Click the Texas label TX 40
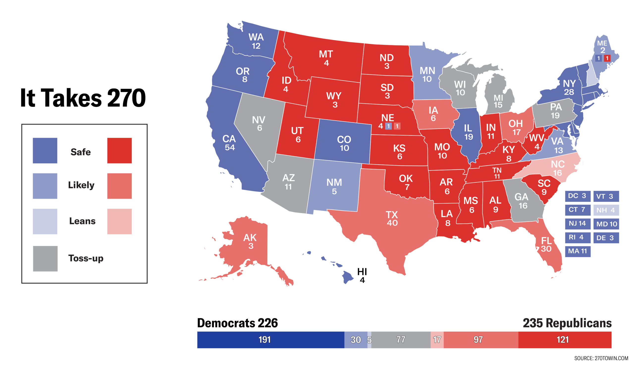tap(392, 218)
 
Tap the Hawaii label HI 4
tap(362, 275)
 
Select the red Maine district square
tap(607, 58)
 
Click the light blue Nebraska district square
tap(388, 126)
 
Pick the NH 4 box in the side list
tap(606, 210)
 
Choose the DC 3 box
tap(578, 196)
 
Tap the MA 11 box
tap(578, 251)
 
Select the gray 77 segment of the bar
tap(401, 340)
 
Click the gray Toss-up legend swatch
tap(45, 259)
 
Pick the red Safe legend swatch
tap(119, 150)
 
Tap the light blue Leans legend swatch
tap(45, 221)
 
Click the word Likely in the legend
tap(81, 185)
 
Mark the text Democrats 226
tap(237, 323)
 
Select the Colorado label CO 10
tap(344, 143)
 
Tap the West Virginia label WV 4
tap(536, 142)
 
